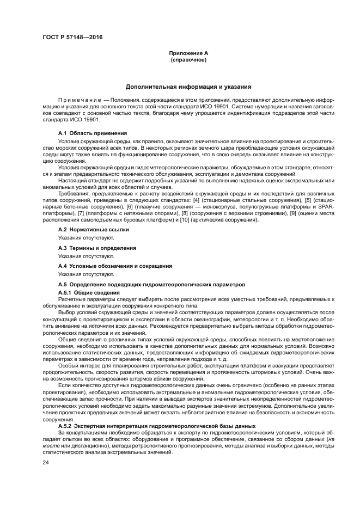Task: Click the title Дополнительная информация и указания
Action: pyautogui.click(x=188, y=87)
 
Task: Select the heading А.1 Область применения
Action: pyautogui.click(x=93, y=132)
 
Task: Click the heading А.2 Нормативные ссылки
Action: pyautogui.click(x=93, y=230)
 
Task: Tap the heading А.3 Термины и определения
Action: pyautogui.click(x=97, y=248)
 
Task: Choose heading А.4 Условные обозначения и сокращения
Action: pyautogui.click(x=115, y=266)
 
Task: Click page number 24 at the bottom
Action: pyautogui.click(x=46, y=462)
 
